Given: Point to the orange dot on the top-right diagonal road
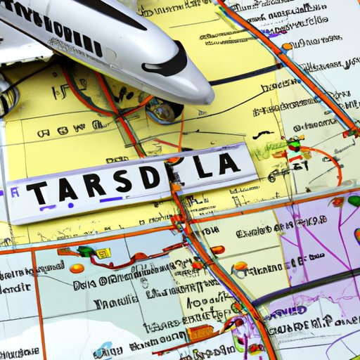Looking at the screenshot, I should point(286,46).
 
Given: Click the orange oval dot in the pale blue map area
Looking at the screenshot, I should point(77,268).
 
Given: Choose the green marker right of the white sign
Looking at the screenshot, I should point(295,144).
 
